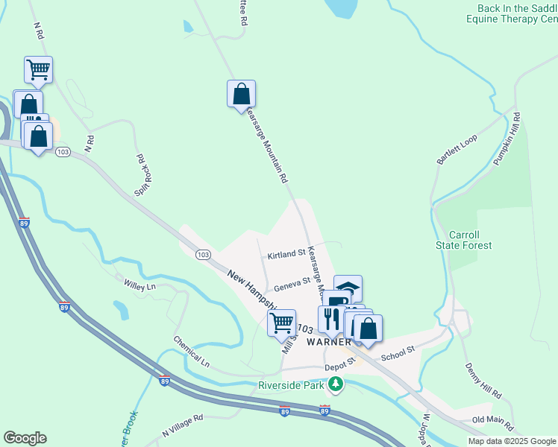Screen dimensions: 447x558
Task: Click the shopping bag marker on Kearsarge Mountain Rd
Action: point(241,95)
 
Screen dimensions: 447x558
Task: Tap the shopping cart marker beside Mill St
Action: point(281,323)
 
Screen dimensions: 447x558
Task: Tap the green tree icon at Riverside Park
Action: point(336,384)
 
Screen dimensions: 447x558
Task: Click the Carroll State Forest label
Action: point(464,239)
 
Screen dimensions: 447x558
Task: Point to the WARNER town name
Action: point(327,342)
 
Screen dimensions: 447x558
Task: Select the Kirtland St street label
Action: point(287,253)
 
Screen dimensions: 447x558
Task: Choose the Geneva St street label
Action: point(292,284)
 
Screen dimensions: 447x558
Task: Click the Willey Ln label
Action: point(139,285)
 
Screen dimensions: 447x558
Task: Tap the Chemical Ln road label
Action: point(192,352)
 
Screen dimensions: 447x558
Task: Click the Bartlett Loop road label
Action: point(457,150)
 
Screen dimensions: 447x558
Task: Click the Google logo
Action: point(25,438)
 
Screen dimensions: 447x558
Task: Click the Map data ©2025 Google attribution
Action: point(511,441)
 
